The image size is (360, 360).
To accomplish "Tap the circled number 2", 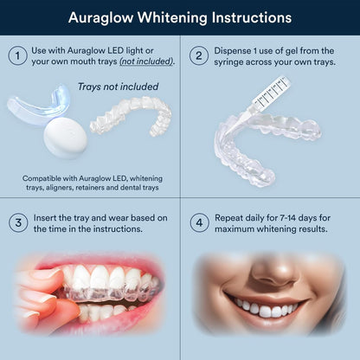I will tap(200, 56).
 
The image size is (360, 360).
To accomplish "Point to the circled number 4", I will tap(200, 222).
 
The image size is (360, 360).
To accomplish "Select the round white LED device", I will tap(65, 136).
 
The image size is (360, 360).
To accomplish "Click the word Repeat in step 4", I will tap(236, 215).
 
